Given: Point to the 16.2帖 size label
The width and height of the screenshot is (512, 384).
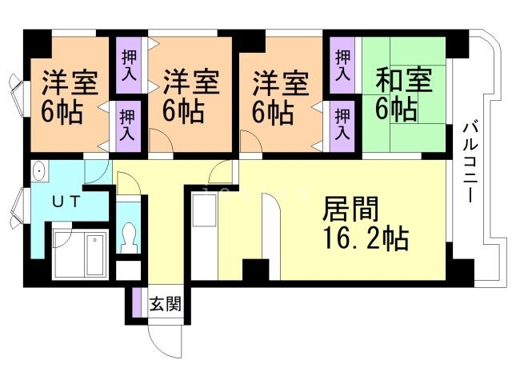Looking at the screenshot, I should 366,239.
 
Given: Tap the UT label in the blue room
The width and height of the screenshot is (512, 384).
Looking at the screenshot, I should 66,202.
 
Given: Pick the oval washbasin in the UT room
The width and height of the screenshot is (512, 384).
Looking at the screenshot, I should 39,172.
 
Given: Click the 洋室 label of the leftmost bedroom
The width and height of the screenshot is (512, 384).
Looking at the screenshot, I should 70,83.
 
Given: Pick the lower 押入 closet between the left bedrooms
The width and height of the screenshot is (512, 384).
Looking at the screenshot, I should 128,124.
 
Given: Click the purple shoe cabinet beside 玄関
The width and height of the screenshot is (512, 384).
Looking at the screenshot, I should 136,303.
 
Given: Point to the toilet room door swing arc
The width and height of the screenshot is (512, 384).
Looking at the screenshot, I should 132,185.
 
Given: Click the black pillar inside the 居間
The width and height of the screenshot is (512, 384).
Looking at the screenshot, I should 255,271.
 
